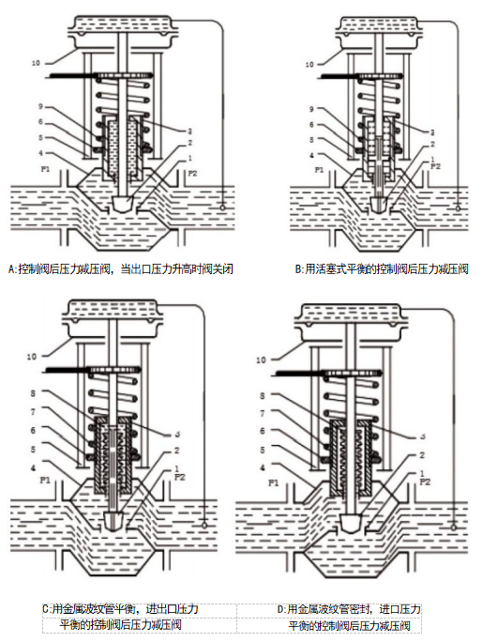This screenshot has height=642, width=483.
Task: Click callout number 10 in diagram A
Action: tap(36, 63)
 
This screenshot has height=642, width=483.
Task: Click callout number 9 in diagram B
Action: tap(311, 109)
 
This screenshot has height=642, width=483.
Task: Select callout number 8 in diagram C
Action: tap(33, 393)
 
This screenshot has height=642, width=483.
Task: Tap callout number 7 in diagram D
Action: tap(263, 414)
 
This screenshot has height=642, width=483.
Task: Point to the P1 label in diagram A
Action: tap(45, 168)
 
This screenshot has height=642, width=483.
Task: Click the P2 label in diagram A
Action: tap(192, 174)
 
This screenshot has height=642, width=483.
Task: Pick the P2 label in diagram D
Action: tap(425, 481)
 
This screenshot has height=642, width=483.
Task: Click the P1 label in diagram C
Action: tap(45, 480)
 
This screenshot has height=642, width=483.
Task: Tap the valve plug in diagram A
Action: tap(123, 204)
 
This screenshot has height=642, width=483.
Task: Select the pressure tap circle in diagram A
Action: tap(222, 207)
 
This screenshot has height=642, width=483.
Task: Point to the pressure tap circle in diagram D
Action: tap(453, 527)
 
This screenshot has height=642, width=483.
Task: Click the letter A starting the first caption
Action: tap(11, 269)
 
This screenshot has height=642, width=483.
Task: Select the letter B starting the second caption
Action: tap(298, 269)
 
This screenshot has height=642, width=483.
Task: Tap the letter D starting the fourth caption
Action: tap(280, 609)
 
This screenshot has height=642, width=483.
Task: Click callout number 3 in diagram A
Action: tap(189, 131)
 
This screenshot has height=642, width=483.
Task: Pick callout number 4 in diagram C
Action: tap(33, 467)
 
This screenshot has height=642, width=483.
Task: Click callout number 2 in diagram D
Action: tap(422, 455)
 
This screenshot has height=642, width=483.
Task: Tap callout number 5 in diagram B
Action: tap(311, 140)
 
